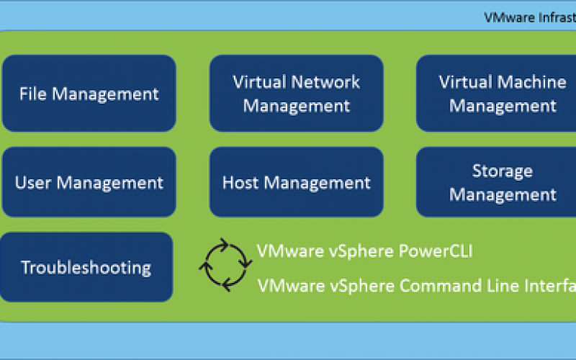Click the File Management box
coord(89,94)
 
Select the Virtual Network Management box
coord(296,94)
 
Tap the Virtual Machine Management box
coord(503,94)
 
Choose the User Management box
coord(89,183)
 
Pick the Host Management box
coord(296,183)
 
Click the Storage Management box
coord(503,183)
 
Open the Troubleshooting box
coord(86,268)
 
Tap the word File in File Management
coord(33,94)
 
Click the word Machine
coord(533,81)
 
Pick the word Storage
coord(503,171)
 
